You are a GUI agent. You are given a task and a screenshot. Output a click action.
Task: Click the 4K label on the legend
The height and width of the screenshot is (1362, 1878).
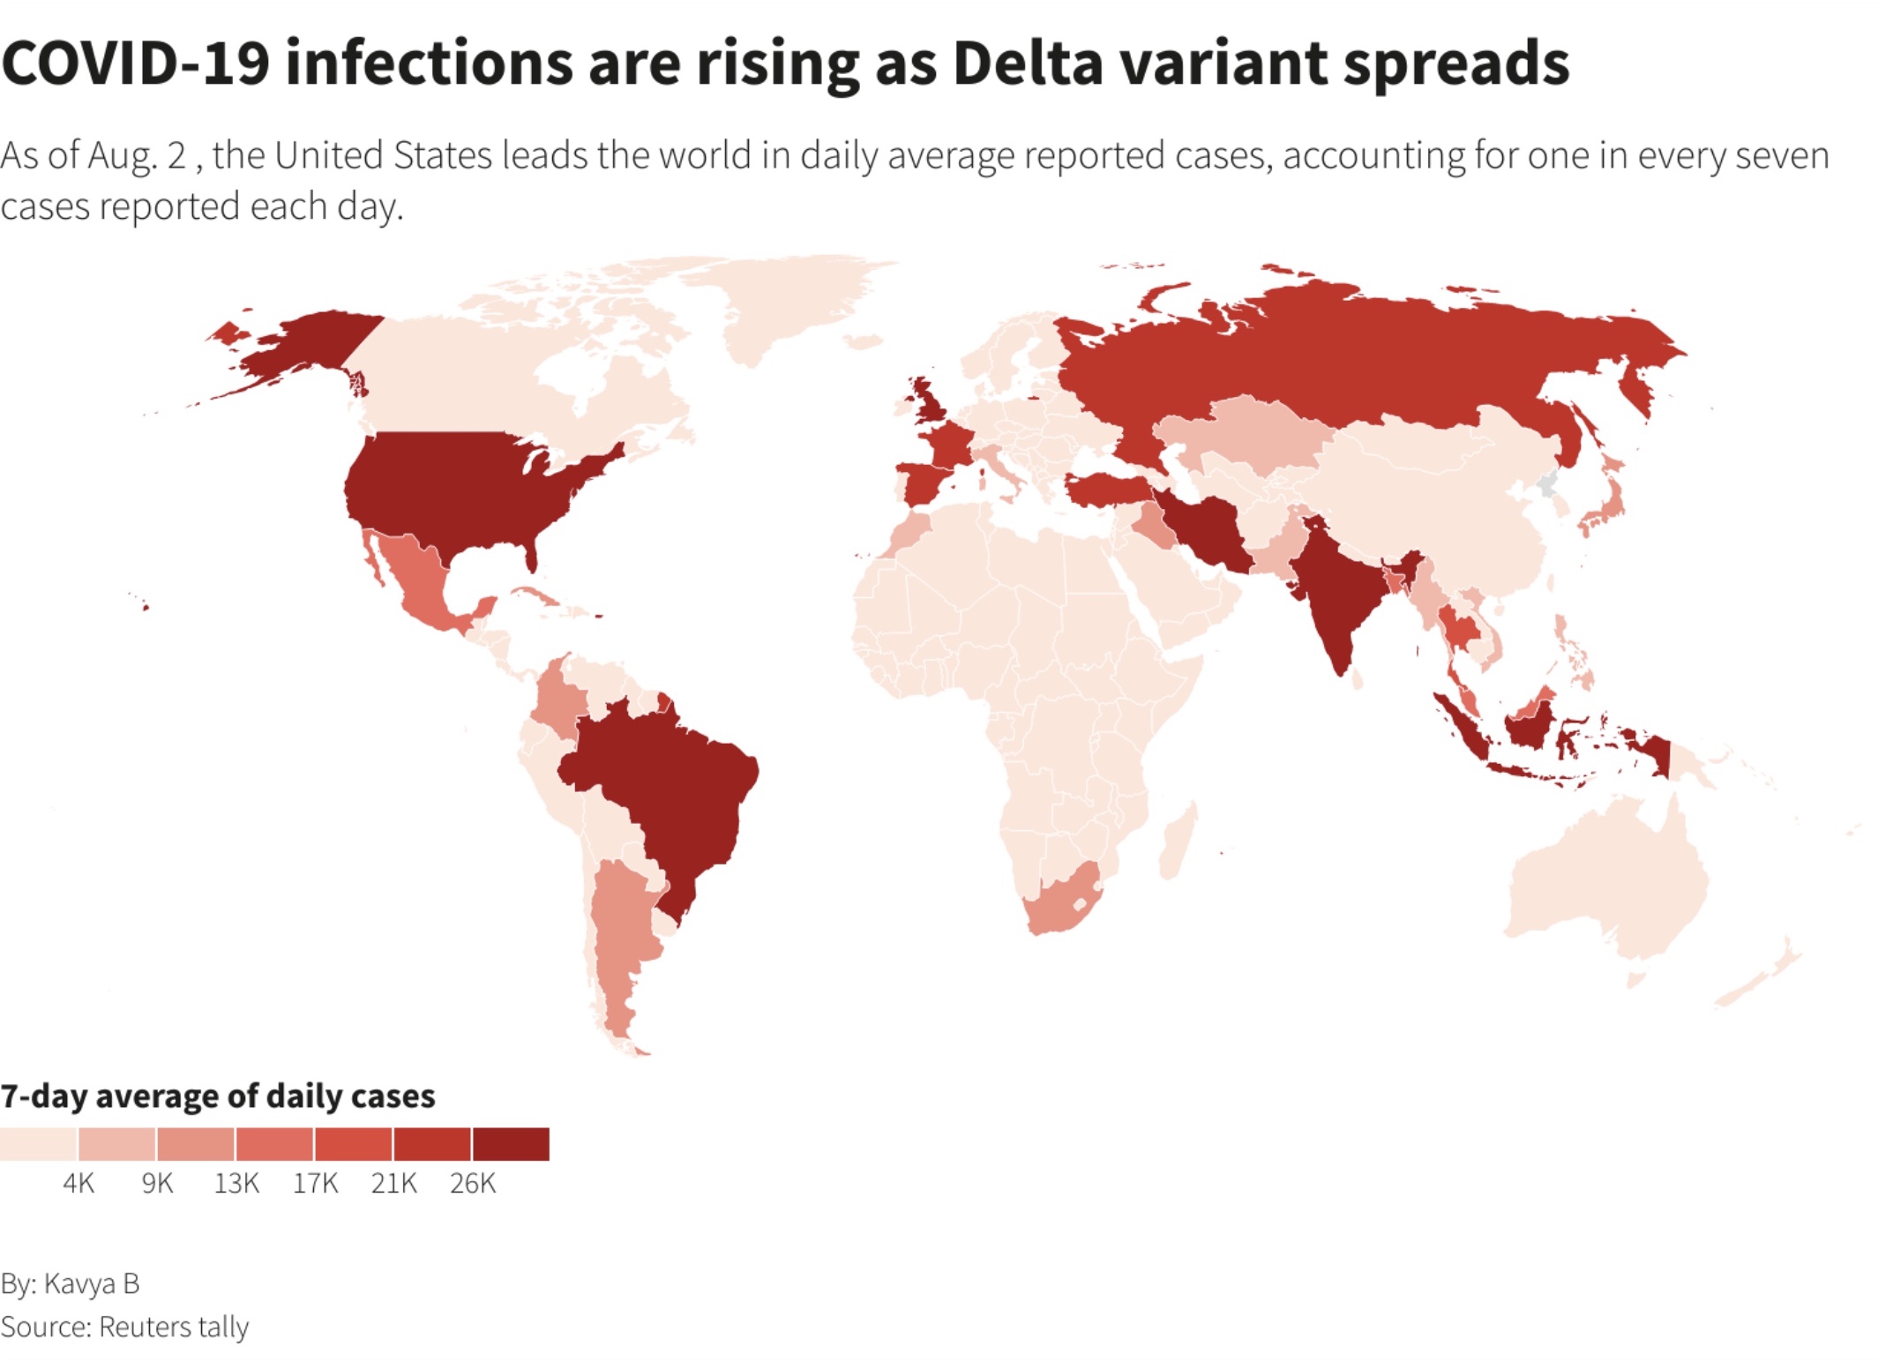(x=79, y=1183)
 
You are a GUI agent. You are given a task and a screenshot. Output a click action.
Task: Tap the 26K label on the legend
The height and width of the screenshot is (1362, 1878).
(x=472, y=1183)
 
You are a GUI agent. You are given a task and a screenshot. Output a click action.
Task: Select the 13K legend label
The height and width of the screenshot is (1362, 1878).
(x=236, y=1183)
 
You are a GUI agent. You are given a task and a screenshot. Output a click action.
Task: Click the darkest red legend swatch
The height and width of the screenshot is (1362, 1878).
(x=511, y=1144)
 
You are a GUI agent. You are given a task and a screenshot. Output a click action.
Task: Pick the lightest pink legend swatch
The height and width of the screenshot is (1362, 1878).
(x=38, y=1144)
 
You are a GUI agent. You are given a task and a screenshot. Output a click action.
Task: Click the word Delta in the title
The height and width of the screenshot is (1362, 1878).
(x=1028, y=64)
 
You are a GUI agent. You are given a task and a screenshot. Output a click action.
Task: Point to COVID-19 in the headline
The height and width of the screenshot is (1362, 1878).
(x=135, y=64)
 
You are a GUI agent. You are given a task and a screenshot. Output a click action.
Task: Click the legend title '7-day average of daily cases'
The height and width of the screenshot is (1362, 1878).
(x=218, y=1096)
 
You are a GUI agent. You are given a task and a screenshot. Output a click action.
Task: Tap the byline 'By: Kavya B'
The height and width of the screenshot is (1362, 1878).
(x=71, y=1283)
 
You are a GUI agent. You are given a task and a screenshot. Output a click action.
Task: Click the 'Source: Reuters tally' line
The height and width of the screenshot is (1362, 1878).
(x=124, y=1327)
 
